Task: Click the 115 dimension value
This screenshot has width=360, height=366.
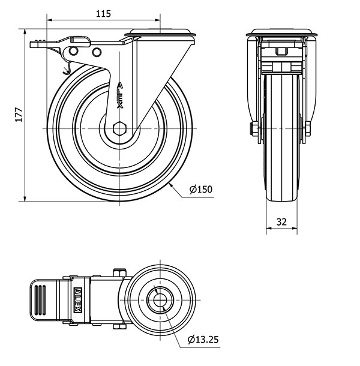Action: (103, 14)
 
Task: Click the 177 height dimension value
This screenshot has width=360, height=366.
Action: (19, 115)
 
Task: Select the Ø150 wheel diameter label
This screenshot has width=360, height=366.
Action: (201, 190)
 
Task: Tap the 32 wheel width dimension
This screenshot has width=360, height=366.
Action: (281, 221)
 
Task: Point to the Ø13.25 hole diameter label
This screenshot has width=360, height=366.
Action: (203, 340)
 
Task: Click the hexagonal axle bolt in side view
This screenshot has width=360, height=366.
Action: (119, 128)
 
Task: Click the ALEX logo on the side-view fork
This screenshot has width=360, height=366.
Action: (120, 95)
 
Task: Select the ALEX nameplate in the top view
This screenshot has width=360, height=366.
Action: (78, 300)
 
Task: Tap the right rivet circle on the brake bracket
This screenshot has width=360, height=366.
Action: (97, 52)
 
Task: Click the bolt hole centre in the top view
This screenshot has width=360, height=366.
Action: (160, 300)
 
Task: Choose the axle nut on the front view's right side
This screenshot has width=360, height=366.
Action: (308, 129)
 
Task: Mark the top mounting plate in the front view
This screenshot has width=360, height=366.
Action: (281, 32)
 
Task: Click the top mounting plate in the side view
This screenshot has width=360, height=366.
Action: (160, 32)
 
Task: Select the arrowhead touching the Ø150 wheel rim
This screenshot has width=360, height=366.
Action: (170, 185)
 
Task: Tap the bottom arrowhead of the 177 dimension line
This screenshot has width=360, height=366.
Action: (25, 198)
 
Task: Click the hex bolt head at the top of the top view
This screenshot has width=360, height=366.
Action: (119, 272)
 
